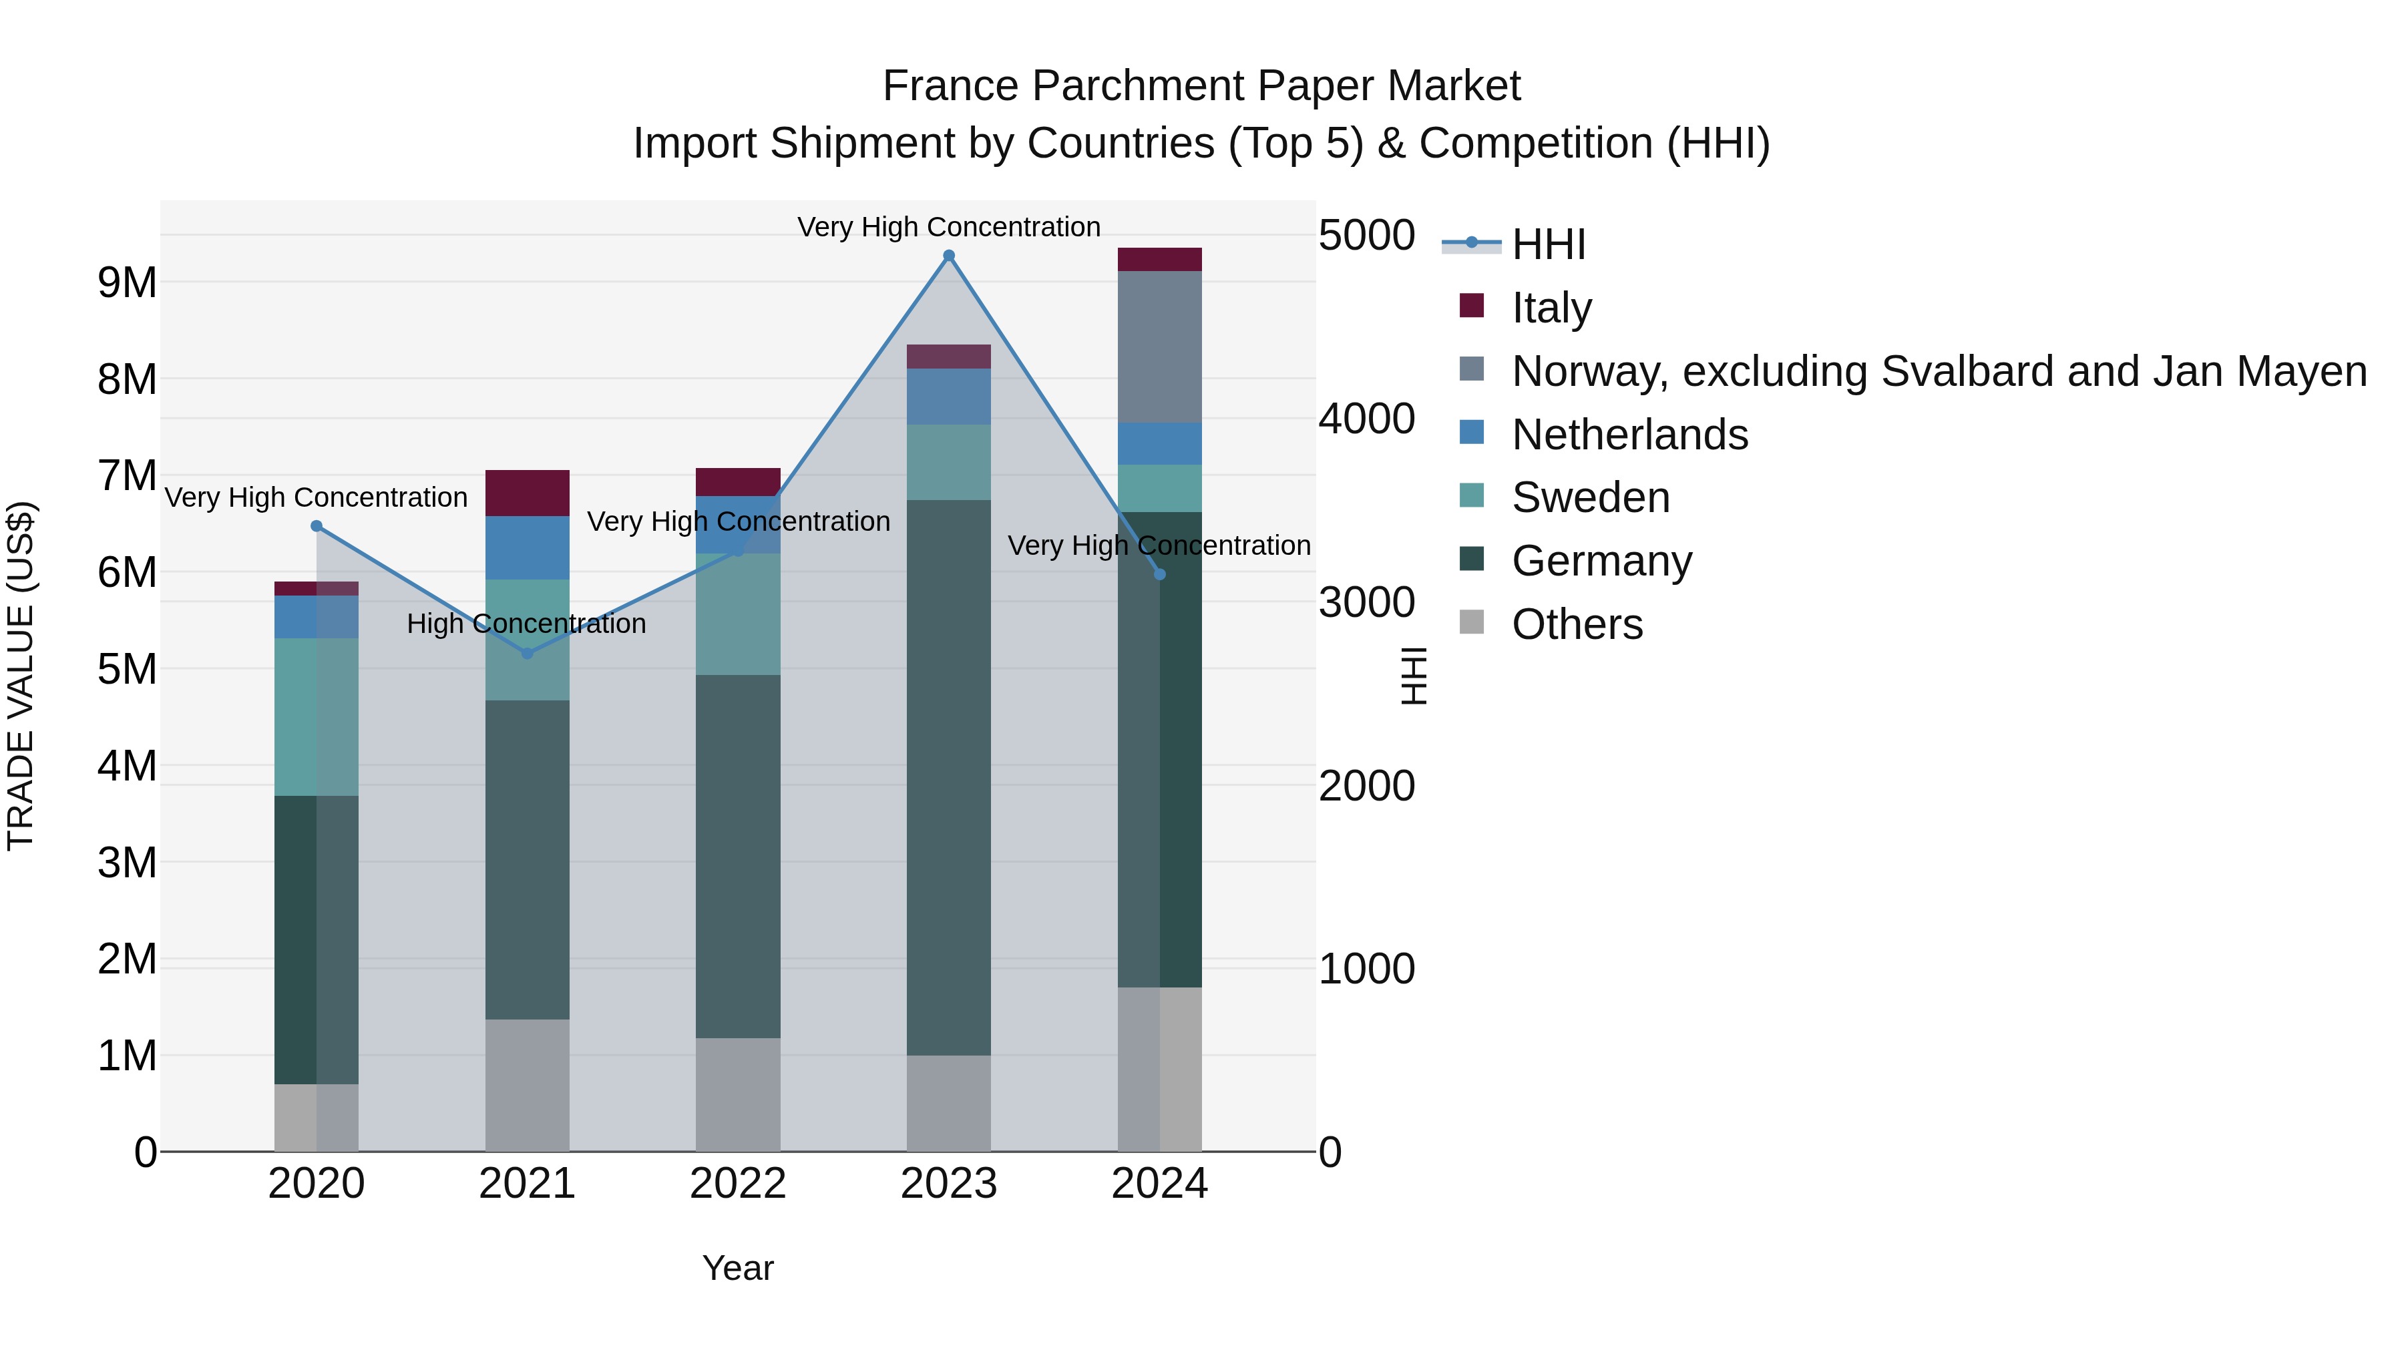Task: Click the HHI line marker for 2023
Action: click(949, 256)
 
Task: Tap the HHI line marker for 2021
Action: click(528, 653)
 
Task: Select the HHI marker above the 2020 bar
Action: click(317, 526)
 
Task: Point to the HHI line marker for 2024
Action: click(1160, 574)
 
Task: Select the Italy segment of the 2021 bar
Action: click(528, 493)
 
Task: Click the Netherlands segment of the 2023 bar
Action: click(949, 397)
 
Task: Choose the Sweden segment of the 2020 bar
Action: click(317, 716)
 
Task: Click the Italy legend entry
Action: click(1551, 308)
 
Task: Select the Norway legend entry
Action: click(1939, 371)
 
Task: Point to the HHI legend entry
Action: click(1548, 244)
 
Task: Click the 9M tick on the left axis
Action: click(128, 282)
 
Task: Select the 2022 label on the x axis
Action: click(738, 1184)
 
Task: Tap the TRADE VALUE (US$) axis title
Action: click(21, 676)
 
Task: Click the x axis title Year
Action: click(738, 1268)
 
